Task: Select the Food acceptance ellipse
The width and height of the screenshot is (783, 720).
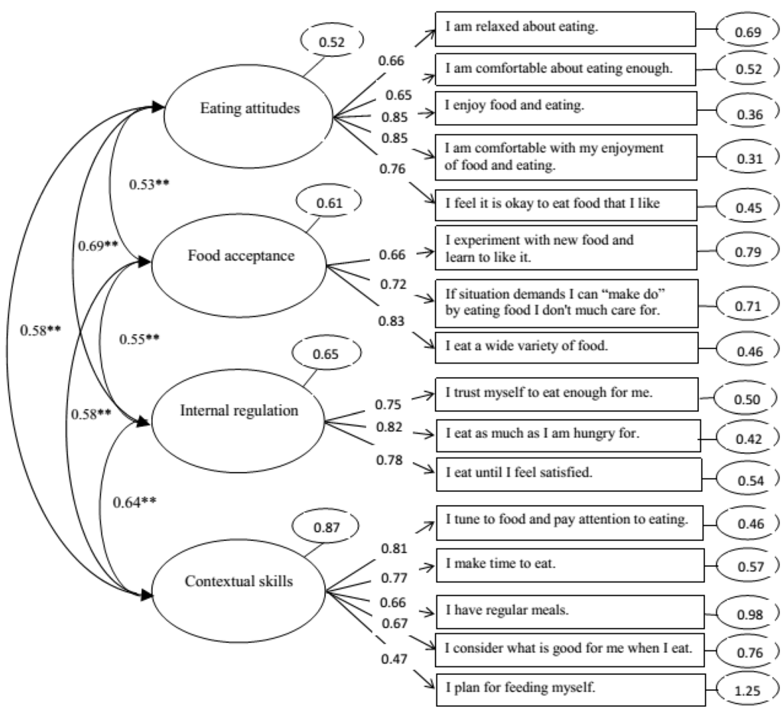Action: coord(240,256)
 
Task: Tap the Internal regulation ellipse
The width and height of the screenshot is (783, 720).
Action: coord(239,411)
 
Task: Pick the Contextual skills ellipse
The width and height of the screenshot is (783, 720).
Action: coord(239,582)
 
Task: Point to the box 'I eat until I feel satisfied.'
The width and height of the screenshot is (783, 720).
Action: coord(568,474)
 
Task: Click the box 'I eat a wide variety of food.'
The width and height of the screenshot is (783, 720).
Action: coord(566,346)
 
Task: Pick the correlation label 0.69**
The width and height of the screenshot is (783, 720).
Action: coord(97,246)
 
